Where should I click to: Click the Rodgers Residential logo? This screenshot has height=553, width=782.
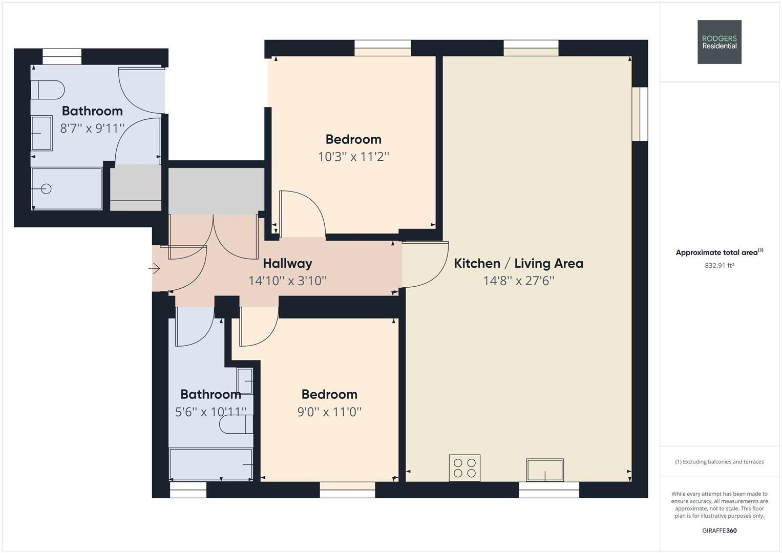point(719,42)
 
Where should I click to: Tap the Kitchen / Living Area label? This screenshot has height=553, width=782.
point(518,263)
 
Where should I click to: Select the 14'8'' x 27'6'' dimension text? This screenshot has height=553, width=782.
point(518,281)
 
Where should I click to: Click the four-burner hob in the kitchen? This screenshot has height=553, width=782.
point(464,468)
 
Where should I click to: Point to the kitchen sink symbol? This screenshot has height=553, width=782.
point(545,470)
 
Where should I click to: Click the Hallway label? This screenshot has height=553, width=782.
point(287,263)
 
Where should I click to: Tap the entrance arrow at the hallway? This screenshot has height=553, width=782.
point(154,268)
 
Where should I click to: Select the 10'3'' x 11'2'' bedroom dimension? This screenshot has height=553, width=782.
point(353,157)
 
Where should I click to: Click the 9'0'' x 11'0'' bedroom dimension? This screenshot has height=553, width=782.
point(329,412)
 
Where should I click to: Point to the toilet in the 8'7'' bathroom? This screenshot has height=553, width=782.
point(48,90)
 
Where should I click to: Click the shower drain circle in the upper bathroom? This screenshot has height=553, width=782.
point(46,189)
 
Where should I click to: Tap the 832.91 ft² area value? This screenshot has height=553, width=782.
point(719,265)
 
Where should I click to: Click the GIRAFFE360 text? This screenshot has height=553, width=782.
point(719,530)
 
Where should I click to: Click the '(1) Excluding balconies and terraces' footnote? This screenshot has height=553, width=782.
point(719,462)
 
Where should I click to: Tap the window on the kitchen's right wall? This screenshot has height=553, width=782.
point(640,114)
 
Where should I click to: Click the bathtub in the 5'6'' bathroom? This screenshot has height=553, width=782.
point(211,464)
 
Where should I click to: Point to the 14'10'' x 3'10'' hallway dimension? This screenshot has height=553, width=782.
point(287,281)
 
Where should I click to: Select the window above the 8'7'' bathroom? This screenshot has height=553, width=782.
point(62,56)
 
